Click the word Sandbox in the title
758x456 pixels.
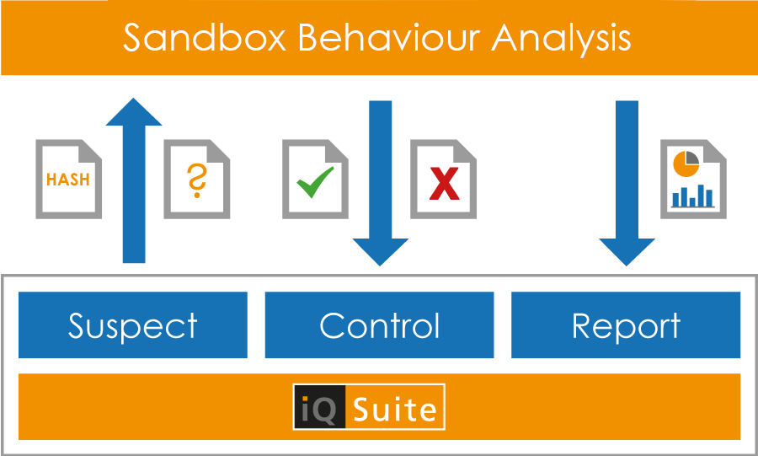click(205, 38)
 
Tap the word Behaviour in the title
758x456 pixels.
click(389, 38)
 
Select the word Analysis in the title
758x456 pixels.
click(561, 39)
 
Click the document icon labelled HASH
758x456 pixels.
click(69, 179)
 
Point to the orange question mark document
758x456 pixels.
click(197, 179)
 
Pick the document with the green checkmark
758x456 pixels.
click(315, 179)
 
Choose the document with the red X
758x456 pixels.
click(443, 179)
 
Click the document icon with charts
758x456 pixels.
click(693, 179)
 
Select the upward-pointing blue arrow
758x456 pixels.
click(134, 180)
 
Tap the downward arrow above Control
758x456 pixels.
click(381, 183)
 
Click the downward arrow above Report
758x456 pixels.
click(627, 183)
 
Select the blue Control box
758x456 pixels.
click(380, 325)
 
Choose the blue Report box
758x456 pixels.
click(626, 325)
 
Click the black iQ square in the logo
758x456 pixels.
click(319, 406)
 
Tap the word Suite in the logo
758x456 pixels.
click(394, 409)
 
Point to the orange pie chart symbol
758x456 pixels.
click(686, 164)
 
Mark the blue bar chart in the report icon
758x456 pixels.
click(693, 196)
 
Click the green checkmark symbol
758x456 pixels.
click(315, 182)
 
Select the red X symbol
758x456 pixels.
click(444, 183)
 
